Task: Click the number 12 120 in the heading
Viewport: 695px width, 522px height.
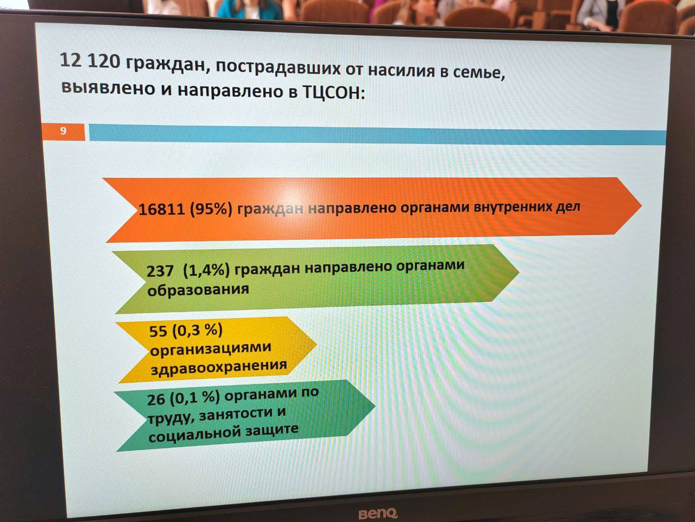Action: pyautogui.click(x=90, y=60)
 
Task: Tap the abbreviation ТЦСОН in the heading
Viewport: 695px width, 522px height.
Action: pyautogui.click(x=332, y=92)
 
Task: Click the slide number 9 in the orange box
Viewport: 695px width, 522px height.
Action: pyautogui.click(x=64, y=131)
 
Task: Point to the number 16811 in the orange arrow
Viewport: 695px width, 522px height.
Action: pyautogui.click(x=161, y=209)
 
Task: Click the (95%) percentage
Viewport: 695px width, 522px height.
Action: pyautogui.click(x=211, y=209)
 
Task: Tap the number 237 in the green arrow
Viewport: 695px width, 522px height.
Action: pyautogui.click(x=160, y=271)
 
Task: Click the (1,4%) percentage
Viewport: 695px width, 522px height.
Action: pyautogui.click(x=206, y=270)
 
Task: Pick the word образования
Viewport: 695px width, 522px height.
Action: pyautogui.click(x=198, y=290)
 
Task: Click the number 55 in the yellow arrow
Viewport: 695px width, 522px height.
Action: pyautogui.click(x=158, y=332)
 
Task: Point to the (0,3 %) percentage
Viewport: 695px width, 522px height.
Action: pyautogui.click(x=197, y=331)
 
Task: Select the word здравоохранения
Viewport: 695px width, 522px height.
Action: pyautogui.click(x=219, y=366)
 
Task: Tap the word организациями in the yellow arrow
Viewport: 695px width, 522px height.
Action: pyautogui.click(x=211, y=349)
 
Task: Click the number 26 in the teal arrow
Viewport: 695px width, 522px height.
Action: pyautogui.click(x=156, y=400)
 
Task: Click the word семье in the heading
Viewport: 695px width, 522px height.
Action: pyautogui.click(x=479, y=73)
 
